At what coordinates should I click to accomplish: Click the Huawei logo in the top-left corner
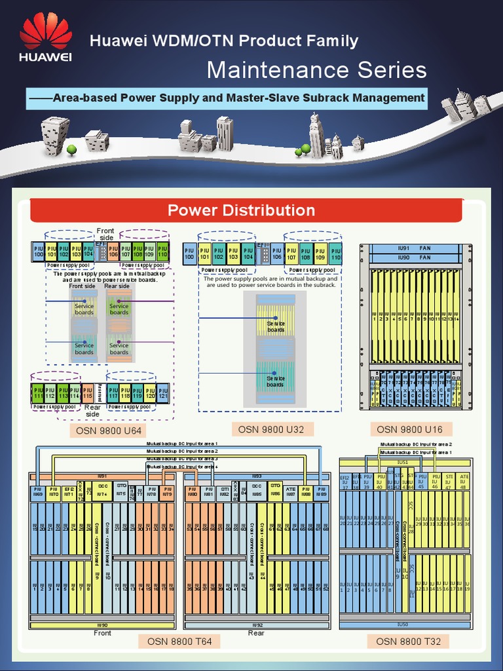click(x=45, y=38)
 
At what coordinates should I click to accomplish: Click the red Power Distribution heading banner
click(x=241, y=210)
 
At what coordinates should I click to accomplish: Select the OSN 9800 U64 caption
click(x=108, y=431)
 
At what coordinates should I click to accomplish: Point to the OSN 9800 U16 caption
click(x=410, y=429)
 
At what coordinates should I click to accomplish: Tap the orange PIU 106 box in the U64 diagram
click(x=113, y=252)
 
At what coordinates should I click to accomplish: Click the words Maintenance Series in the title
click(x=316, y=70)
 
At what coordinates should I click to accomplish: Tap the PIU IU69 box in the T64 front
click(x=37, y=492)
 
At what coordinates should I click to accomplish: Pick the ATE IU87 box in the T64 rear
click(x=291, y=492)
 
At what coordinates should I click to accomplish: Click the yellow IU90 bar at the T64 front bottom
click(x=102, y=625)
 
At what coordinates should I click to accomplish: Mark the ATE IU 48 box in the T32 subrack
click(x=464, y=482)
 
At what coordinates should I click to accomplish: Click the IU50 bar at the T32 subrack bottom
click(x=403, y=624)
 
